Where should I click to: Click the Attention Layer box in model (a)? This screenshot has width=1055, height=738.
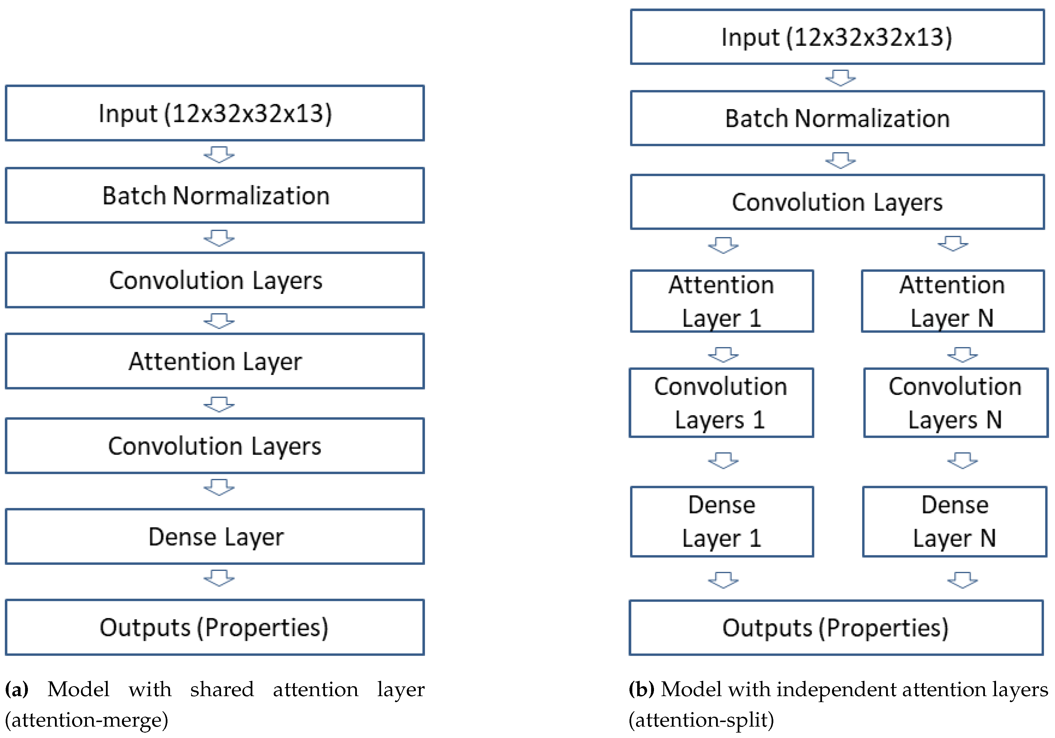tap(214, 361)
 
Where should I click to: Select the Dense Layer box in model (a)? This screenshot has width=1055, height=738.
tap(214, 536)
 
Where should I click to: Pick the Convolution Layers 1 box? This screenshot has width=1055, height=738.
tap(721, 403)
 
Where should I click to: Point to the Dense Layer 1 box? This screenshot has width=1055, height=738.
tap(722, 521)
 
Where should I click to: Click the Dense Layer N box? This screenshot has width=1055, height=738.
tap(954, 521)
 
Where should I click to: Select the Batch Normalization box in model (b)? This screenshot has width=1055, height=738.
tap(837, 118)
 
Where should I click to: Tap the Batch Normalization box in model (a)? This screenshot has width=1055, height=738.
tap(214, 195)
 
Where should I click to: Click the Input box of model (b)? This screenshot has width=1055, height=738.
tap(837, 37)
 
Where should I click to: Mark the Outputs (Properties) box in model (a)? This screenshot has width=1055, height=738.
tap(214, 627)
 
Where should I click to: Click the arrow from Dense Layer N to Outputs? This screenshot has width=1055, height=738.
tap(962, 580)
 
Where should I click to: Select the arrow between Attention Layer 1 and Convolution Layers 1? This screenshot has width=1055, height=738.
tap(723, 354)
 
